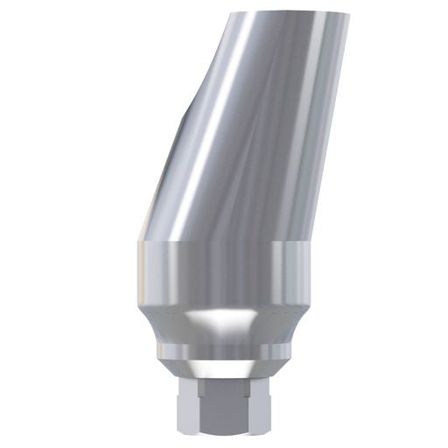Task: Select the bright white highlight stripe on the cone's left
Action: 210,131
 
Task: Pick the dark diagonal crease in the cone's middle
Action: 262,131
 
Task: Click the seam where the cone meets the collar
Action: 223,241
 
